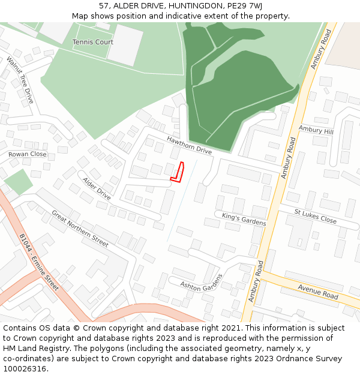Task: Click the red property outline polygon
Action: pyautogui.click(x=178, y=172)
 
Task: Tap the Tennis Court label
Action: pyautogui.click(x=93, y=42)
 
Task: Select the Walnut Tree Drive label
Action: pyautogui.click(x=20, y=80)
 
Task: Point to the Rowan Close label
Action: pyautogui.click(x=27, y=154)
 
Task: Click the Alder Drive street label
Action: pyautogui.click(x=97, y=188)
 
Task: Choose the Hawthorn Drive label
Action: pyautogui.click(x=190, y=145)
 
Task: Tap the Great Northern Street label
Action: pyautogui.click(x=80, y=228)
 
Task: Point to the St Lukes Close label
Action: pyautogui.click(x=315, y=216)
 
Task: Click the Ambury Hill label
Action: pyautogui.click(x=316, y=130)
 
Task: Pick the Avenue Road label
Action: pyautogui.click(x=318, y=292)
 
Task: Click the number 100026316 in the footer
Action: pyautogui.click(x=25, y=369)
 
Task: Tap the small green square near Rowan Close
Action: pyautogui.click(x=19, y=182)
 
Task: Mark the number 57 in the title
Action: pyautogui.click(x=104, y=6)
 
